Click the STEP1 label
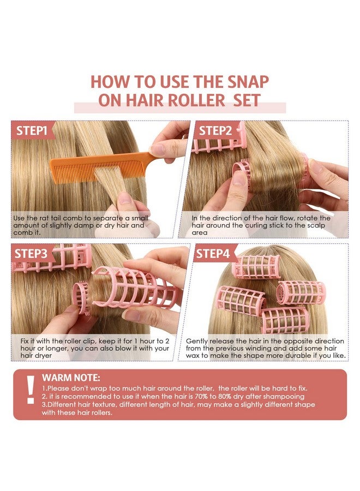pos(32,130)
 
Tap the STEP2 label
pos(215,130)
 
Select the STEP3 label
pos(31,253)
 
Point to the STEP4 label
pos(213,253)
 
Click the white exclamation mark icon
pos(31,390)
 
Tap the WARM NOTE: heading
pos(71,378)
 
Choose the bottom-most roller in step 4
pos(285,321)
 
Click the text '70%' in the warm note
pos(202,397)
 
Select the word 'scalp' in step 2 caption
pos(316,226)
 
